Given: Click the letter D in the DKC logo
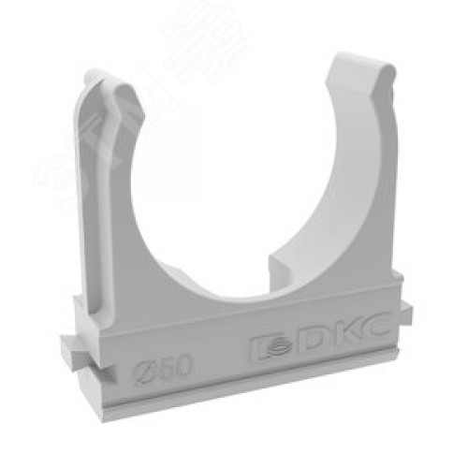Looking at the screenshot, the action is (x=314, y=343).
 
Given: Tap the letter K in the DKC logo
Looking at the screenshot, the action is (x=344, y=338).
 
